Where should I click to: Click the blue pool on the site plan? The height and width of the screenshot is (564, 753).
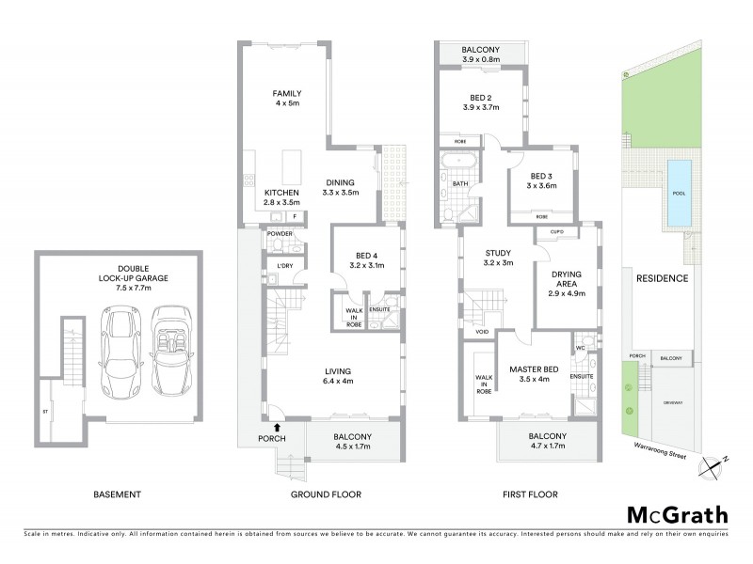pyautogui.click(x=680, y=194)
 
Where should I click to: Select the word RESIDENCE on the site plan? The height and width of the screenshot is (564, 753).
pyautogui.click(x=662, y=279)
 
